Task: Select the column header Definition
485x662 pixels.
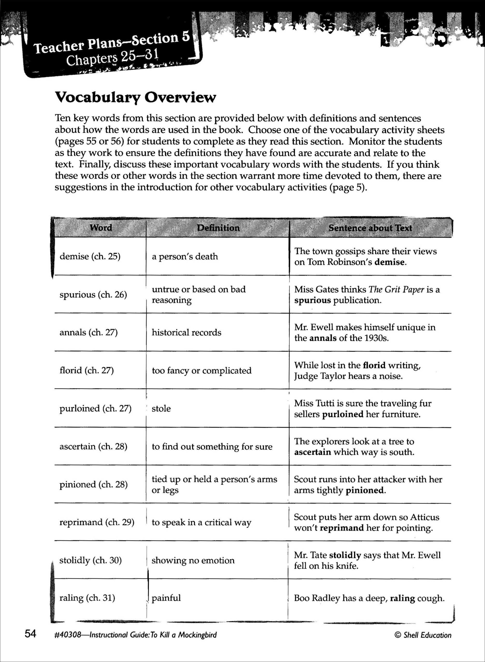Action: [218, 228]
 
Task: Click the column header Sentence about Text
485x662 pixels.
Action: [370, 228]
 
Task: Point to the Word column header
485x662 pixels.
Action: [101, 228]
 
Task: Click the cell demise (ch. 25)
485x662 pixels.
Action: [90, 256]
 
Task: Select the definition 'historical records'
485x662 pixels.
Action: [186, 332]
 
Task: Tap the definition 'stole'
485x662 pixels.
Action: [161, 408]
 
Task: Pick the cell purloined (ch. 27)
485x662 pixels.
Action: [95, 408]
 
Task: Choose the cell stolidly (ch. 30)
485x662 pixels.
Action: [90, 560]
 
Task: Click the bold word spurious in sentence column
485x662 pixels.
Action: [312, 300]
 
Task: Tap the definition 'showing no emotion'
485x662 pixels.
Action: [193, 560]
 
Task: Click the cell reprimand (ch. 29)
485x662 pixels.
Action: [97, 522]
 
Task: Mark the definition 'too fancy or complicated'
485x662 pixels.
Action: [201, 371]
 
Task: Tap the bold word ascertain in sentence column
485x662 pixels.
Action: [312, 452]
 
